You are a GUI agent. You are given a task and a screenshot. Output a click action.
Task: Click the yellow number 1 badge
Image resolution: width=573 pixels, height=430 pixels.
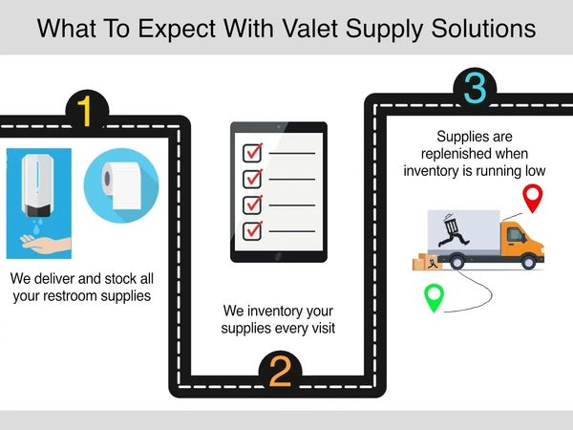click(87, 111)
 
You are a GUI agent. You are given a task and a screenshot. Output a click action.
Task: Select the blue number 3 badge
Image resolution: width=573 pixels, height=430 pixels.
click(475, 88)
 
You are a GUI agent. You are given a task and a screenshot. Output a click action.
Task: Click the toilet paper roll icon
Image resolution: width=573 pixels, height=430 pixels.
click(121, 185)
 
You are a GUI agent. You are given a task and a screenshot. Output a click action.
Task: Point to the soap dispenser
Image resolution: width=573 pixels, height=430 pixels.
click(37, 185)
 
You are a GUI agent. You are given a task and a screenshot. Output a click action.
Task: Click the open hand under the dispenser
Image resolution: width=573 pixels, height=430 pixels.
click(45, 244)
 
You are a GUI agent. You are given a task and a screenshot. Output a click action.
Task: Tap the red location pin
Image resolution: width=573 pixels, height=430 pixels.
click(533, 198)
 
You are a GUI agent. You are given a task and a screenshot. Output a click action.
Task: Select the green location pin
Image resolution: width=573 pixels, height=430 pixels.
click(434, 297)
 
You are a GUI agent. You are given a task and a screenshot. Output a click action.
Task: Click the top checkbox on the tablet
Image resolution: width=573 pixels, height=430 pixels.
click(252, 153)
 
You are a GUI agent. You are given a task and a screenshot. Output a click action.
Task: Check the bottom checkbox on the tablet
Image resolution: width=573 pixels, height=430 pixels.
click(252, 231)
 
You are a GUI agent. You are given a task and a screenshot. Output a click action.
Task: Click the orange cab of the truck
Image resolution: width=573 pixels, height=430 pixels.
click(522, 240)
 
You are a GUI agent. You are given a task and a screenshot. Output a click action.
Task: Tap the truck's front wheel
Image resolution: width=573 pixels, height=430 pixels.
click(528, 262)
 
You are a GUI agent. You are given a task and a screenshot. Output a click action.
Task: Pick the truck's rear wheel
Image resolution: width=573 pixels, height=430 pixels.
click(456, 262)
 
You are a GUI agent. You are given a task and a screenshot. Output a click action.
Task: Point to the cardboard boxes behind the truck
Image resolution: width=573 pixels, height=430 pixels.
click(427, 262)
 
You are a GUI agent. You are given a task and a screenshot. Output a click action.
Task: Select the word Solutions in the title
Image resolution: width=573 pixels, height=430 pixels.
click(483, 29)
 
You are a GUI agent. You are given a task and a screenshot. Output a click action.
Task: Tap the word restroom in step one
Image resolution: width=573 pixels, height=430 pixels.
click(72, 296)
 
